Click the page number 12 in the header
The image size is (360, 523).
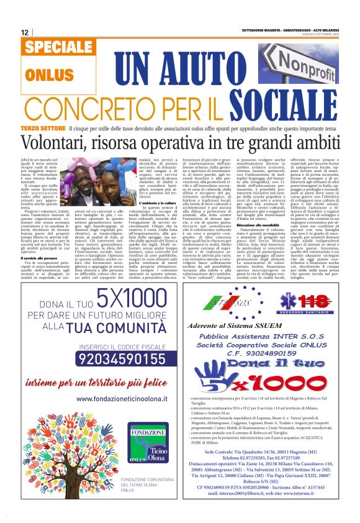tap(25, 32)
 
